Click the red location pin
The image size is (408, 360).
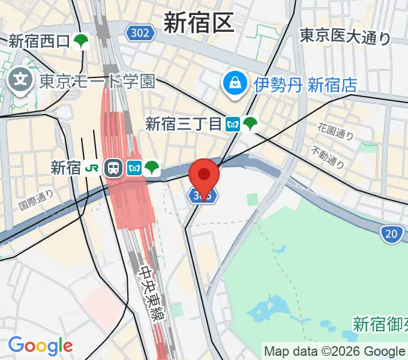point(204,175)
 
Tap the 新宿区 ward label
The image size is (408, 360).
point(197,24)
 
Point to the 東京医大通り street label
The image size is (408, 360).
point(345,37)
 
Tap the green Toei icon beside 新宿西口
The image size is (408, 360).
point(82,41)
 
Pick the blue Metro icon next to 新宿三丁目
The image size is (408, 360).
point(233,124)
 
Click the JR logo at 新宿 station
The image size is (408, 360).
point(93,168)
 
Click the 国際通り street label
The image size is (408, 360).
point(35,201)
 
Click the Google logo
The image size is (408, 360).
point(40,345)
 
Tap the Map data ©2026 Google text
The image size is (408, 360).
point(334,351)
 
